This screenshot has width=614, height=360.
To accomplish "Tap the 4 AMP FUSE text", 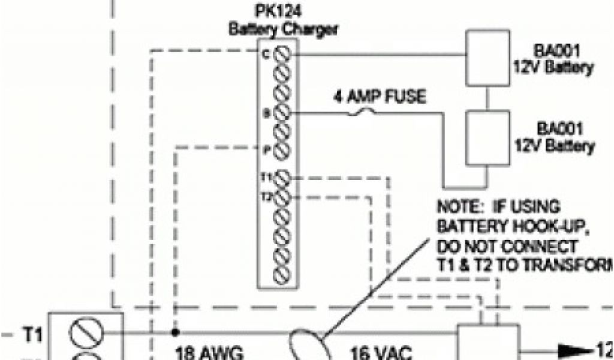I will [381, 96].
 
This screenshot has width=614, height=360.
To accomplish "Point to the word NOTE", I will [459, 207].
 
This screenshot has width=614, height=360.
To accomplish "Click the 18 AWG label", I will [209, 352].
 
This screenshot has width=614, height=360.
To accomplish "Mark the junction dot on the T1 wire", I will [175, 332].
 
